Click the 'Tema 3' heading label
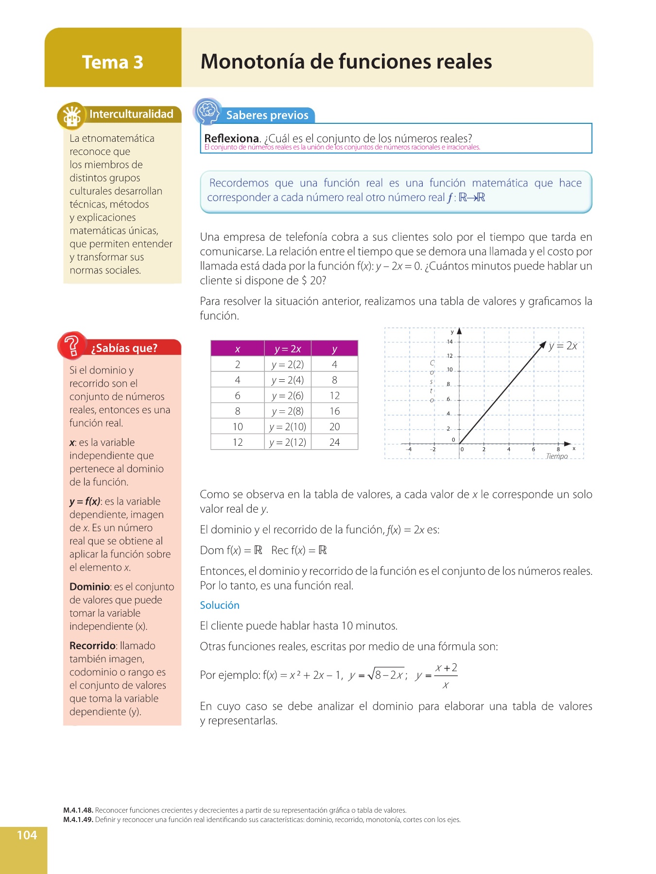point(112,62)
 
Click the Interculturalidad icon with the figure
point(71,116)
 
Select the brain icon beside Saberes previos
point(207,111)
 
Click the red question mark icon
point(72,345)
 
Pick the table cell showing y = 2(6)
point(288,396)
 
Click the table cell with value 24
point(334,442)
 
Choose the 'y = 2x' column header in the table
point(288,349)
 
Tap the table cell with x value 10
point(238,427)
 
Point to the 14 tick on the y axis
point(449,342)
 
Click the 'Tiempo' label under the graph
point(557,456)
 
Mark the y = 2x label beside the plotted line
point(563,346)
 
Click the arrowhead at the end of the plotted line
point(543,345)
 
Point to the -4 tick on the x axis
point(409,450)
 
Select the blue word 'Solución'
point(220,605)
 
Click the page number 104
point(27,835)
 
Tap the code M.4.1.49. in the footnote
point(78,820)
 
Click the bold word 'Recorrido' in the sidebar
point(92,646)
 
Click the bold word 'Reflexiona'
point(231,138)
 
